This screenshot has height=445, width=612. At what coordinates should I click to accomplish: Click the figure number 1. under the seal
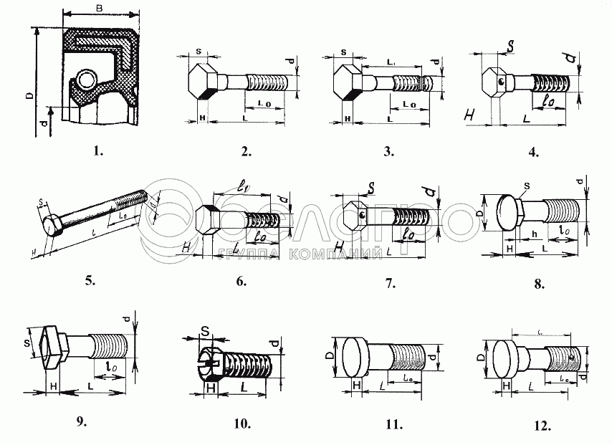click(99, 151)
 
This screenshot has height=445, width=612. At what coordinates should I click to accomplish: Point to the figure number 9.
click(80, 421)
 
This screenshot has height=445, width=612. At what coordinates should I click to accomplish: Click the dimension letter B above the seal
click(100, 8)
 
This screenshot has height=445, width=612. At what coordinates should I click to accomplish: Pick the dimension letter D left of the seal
click(27, 95)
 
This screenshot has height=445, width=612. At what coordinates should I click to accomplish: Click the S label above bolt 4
click(510, 46)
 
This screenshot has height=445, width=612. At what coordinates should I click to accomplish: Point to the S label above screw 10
click(205, 332)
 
